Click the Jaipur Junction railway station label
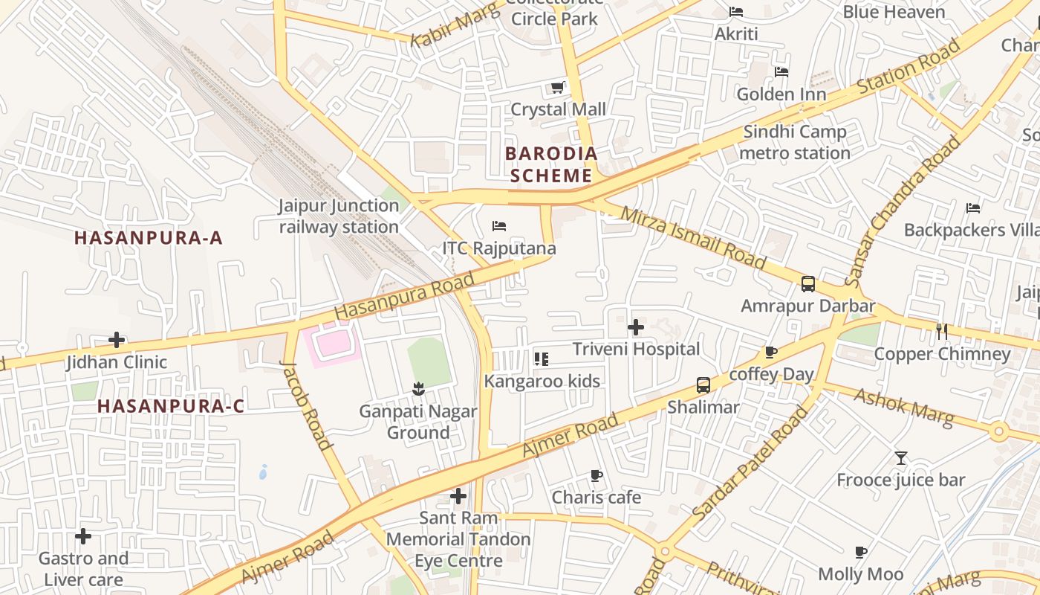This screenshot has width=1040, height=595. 339,216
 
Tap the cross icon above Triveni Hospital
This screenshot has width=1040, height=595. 636,327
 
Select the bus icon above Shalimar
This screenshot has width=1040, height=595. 703,385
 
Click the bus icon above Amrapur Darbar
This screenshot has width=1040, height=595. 808,283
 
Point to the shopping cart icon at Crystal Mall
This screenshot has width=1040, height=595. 558,88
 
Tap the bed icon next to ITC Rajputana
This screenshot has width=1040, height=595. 499,225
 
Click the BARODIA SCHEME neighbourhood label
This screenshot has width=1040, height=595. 551,164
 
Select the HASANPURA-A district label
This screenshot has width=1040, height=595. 149,238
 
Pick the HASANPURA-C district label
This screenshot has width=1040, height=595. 171,406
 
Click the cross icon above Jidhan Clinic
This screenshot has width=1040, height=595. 117,341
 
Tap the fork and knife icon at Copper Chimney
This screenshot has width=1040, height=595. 942,331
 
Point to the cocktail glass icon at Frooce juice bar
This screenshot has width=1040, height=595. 901,458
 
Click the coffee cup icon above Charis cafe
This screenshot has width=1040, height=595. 596,475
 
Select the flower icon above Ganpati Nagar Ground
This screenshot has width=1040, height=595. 418,388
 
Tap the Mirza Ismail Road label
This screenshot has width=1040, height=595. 692,238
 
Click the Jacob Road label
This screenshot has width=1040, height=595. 305,406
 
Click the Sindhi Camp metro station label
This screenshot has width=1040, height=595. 796,143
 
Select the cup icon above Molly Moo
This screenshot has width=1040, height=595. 860,552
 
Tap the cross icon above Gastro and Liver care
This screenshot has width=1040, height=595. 83,536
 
